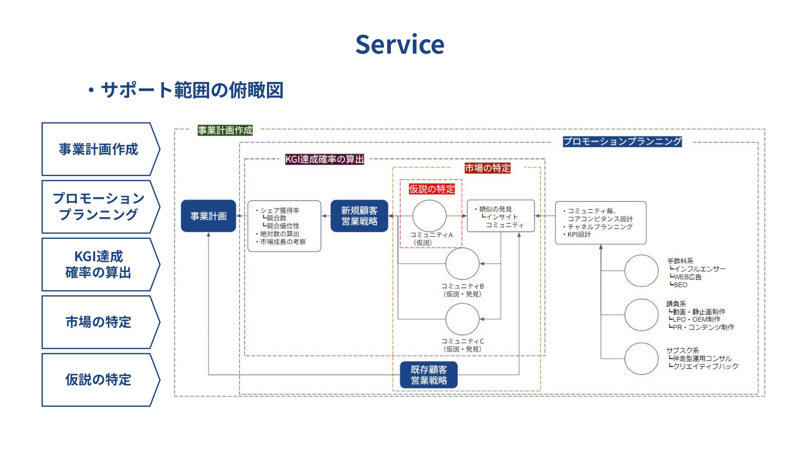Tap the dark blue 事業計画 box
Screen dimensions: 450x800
coord(208,216)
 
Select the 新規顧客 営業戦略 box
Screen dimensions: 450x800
coord(359,216)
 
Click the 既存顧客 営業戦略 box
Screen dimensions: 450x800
coord(429,375)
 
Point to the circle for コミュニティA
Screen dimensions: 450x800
coord(429,216)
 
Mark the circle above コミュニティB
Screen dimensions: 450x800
coord(462,264)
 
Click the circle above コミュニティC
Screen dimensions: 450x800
coord(462,319)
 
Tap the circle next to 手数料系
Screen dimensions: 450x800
coord(641,271)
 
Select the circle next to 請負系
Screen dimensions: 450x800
coord(641,315)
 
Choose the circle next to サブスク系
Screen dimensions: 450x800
coord(641,358)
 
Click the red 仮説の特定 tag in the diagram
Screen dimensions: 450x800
coord(432,189)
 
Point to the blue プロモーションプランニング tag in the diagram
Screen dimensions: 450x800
coord(622,141)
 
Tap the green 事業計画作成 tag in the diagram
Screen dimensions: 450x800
coord(225,130)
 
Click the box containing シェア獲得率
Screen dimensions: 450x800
coord(284,226)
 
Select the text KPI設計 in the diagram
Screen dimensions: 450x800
coord(579,235)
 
